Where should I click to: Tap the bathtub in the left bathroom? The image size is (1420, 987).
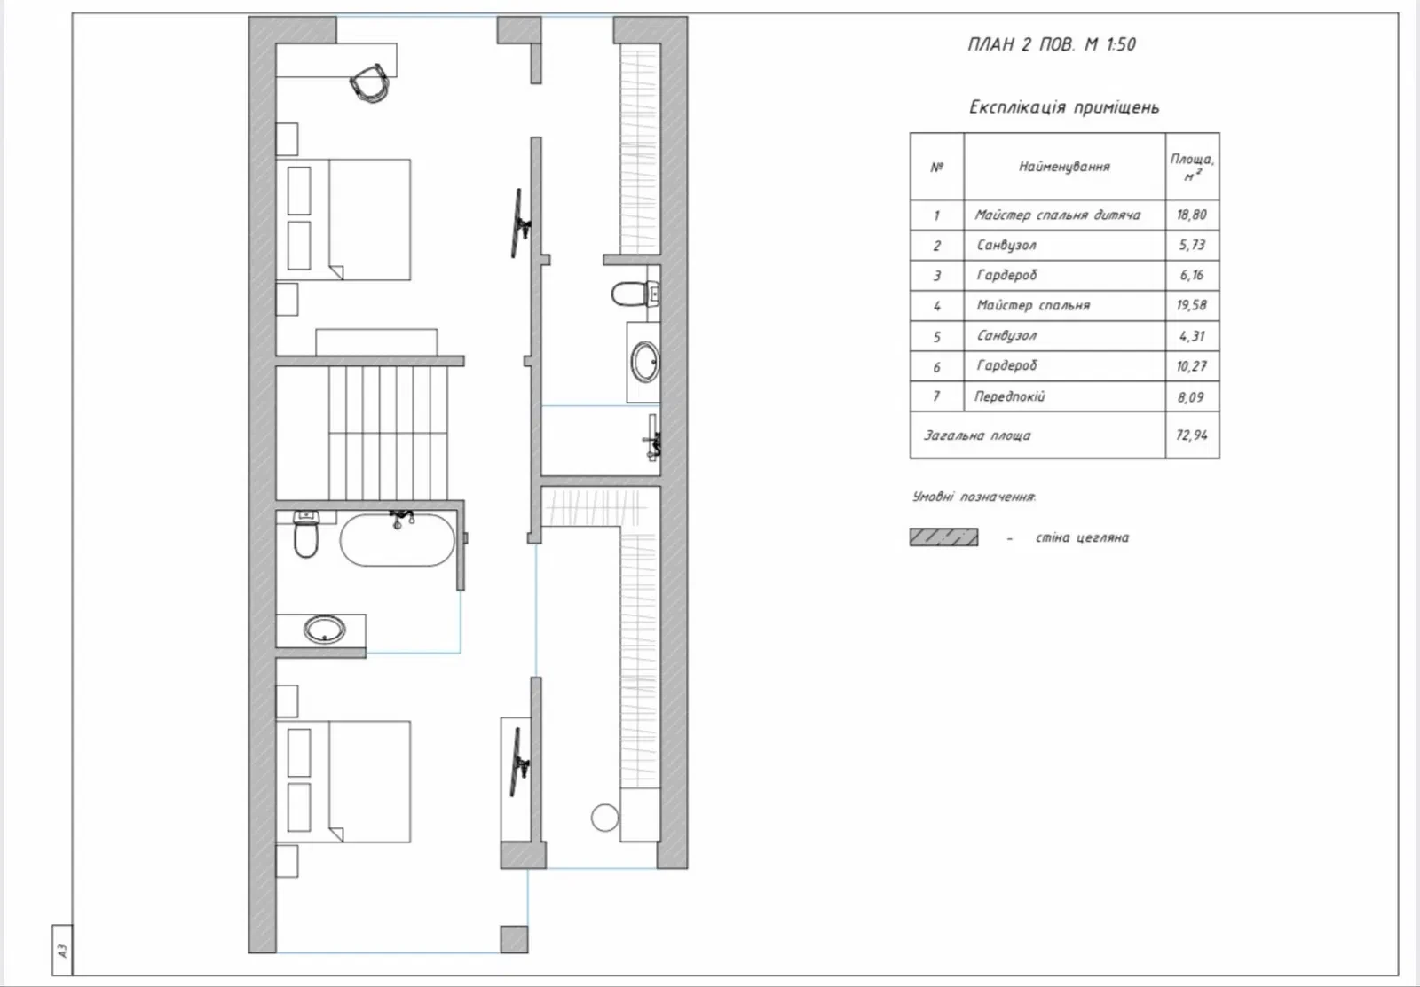point(398,539)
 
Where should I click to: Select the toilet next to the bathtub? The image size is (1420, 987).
point(306,536)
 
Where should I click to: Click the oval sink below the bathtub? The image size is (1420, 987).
point(325,630)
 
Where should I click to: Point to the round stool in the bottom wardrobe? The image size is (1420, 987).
point(604,818)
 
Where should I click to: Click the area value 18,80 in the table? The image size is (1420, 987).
point(1192,215)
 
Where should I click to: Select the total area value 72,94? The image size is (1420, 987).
point(1192,435)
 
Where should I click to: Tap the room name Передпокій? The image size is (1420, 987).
point(1009,396)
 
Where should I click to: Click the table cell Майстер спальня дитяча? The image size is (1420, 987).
point(1057,215)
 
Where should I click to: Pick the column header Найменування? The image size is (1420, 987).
point(1064,167)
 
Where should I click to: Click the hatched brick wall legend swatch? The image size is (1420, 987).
point(944,537)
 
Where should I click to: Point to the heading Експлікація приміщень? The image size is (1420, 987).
point(1064,107)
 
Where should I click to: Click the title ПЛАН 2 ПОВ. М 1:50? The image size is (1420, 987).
point(1052,44)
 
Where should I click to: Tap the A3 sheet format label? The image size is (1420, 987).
point(62,951)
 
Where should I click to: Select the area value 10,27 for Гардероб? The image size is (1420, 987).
point(1192,366)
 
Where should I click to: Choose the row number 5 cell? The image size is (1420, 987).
point(937,336)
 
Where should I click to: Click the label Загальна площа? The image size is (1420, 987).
point(977,435)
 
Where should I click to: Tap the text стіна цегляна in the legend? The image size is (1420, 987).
point(1082,537)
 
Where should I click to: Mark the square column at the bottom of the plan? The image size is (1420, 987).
point(514,939)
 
